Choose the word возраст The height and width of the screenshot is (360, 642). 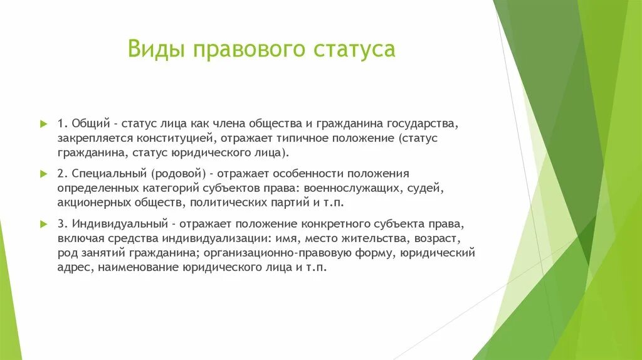[439, 238]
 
